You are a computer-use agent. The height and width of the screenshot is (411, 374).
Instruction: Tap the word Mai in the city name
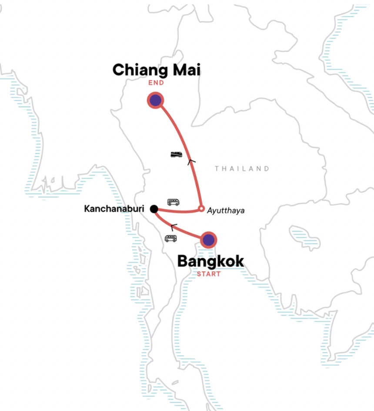[x=187, y=70]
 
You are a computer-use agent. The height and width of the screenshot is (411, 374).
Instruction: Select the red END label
[x=156, y=83]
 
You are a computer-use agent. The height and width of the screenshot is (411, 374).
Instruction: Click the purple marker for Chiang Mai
[x=155, y=101]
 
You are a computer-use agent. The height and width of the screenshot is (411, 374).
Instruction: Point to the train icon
[x=176, y=154]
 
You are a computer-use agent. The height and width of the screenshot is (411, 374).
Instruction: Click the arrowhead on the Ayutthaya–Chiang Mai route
[x=190, y=162]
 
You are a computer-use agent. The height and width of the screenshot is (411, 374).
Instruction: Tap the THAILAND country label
[x=242, y=168]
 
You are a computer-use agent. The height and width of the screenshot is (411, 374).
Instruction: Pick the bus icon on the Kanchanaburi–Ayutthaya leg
[x=173, y=202]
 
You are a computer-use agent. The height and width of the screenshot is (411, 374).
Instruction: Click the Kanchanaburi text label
[x=114, y=209]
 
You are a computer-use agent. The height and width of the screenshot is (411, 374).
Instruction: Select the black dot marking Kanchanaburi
[x=154, y=209]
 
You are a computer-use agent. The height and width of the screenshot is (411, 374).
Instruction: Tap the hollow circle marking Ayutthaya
[x=201, y=209]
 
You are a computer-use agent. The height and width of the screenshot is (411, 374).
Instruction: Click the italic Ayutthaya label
[x=226, y=210]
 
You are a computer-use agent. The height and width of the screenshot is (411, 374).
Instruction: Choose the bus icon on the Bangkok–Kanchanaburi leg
[x=170, y=238]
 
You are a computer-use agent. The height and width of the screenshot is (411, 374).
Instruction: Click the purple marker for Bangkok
[x=209, y=239]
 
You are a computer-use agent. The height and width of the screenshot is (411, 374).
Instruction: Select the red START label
[x=209, y=274]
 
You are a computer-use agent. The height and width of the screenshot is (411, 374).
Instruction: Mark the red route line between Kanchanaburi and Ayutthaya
[x=178, y=212]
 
